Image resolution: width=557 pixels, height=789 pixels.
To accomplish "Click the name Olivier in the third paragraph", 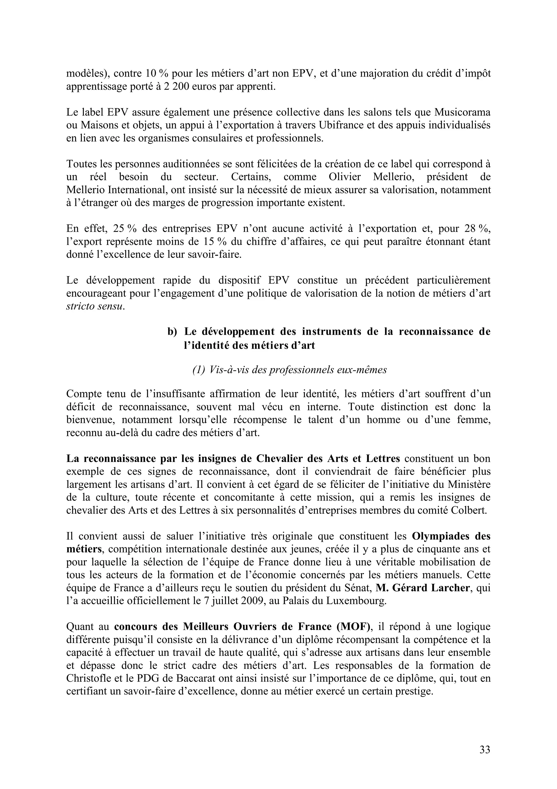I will (345, 177).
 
